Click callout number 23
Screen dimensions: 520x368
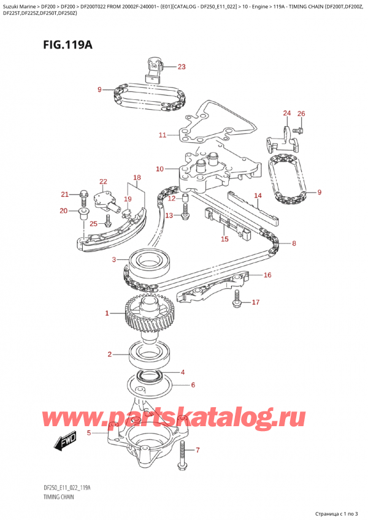[181, 67]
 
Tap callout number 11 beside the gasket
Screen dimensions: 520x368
[162, 135]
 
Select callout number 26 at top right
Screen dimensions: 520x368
[301, 113]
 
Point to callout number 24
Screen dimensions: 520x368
[287, 113]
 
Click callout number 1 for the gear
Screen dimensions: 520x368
[107, 313]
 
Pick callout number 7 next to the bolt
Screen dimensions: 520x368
[197, 451]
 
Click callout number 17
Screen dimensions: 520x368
[256, 302]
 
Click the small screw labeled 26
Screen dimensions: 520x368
[297, 129]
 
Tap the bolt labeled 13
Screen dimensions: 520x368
[168, 215]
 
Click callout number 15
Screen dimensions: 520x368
[224, 239]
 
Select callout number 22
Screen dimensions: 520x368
[103, 181]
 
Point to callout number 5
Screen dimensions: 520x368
[89, 433]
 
